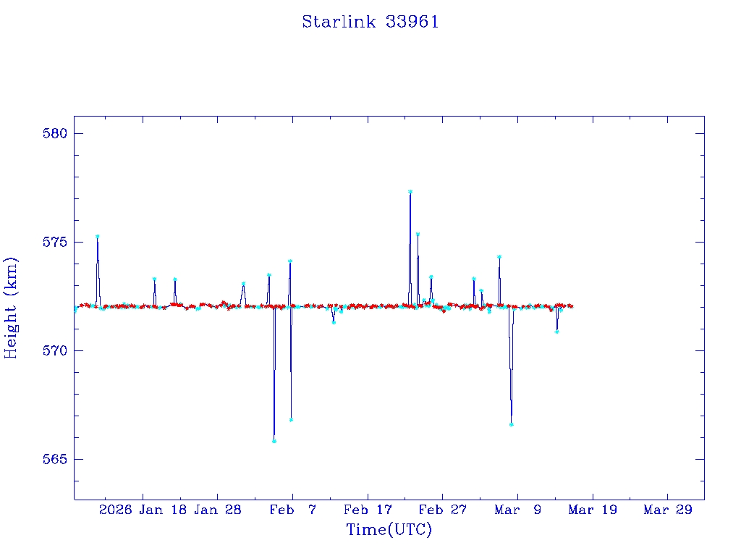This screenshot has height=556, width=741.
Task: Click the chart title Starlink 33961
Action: (370, 22)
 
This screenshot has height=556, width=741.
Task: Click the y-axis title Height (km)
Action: (11, 308)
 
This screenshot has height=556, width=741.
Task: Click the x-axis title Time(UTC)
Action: (389, 530)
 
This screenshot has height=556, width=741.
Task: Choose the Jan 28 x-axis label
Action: (218, 510)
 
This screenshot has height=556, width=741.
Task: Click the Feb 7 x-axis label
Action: (293, 510)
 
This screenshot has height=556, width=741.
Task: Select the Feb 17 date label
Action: (368, 510)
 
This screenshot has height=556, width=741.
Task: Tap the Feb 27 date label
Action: (443, 510)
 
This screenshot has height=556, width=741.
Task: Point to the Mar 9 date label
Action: (518, 510)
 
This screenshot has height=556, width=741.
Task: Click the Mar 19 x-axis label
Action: (593, 510)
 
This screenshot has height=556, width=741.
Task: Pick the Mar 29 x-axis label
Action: (668, 510)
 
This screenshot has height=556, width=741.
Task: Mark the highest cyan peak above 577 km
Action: (410, 192)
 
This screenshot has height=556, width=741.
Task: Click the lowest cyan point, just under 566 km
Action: (274, 441)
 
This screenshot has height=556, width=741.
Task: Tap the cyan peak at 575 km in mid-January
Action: (98, 237)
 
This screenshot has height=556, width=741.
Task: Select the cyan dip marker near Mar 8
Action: (511, 424)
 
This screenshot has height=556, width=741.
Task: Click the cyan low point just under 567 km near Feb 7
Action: (291, 420)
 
